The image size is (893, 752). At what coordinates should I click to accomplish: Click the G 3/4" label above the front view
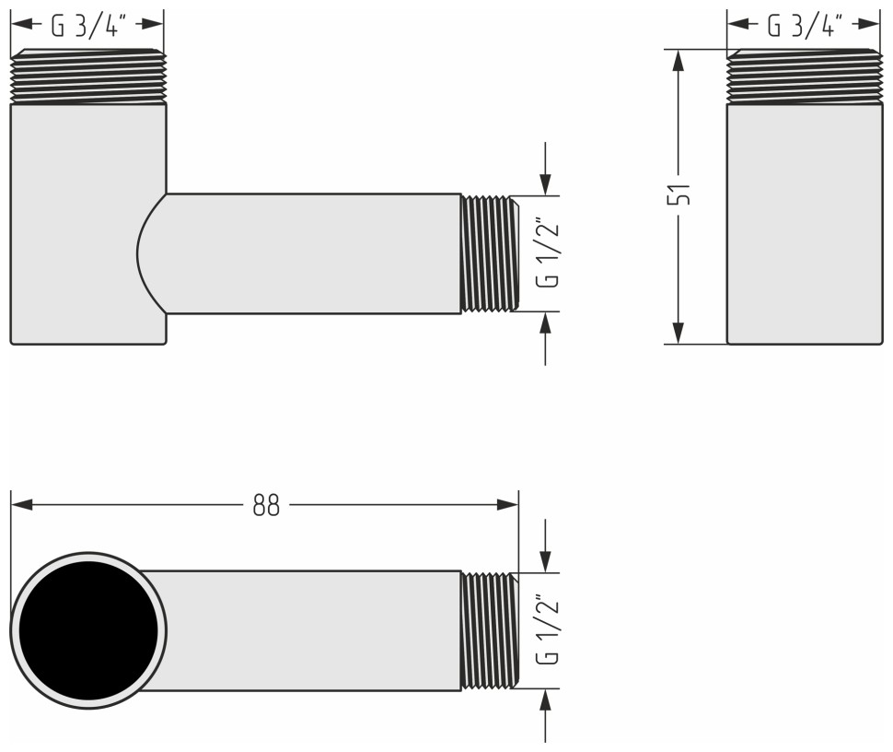(87, 26)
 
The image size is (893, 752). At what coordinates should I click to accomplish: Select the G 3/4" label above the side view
(804, 26)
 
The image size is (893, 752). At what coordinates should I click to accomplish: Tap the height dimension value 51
(679, 195)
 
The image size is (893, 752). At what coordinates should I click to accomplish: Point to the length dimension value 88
(266, 505)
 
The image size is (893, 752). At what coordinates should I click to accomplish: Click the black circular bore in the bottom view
(88, 630)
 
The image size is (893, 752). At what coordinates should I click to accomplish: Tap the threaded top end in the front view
(87, 76)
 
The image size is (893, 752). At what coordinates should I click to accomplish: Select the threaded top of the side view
(804, 76)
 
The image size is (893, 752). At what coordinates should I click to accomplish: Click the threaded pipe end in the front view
(488, 253)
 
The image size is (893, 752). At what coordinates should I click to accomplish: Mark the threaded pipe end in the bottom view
(488, 630)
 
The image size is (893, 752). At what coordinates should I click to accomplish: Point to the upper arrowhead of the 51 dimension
(678, 60)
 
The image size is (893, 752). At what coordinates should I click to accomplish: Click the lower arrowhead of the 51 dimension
(678, 334)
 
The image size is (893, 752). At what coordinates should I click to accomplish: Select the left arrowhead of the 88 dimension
(22, 505)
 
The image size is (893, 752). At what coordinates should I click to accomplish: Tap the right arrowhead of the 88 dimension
(507, 505)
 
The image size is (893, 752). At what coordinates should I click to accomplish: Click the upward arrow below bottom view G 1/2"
(546, 700)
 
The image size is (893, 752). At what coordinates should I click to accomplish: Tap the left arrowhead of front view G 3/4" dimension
(21, 26)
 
